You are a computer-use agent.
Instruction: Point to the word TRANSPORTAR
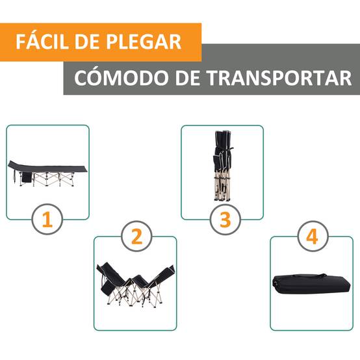click(279, 78)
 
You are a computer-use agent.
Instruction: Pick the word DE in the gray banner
click(187, 78)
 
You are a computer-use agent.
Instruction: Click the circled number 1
click(47, 219)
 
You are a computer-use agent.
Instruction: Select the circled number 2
click(136, 237)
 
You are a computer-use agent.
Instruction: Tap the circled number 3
click(225, 219)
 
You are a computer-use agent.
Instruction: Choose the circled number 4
click(313, 237)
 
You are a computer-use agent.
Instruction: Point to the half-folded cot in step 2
click(135, 285)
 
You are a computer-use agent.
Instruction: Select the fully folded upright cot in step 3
click(222, 165)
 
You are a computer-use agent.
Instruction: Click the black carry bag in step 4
click(311, 284)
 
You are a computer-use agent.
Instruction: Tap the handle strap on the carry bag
click(310, 276)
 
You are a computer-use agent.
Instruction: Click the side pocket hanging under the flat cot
click(27, 177)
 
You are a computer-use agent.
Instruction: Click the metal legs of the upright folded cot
click(222, 187)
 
